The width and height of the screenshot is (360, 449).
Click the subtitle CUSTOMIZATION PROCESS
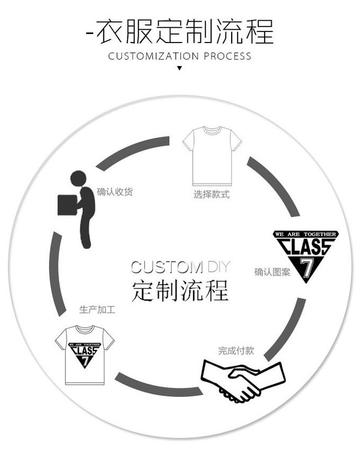pyautogui.click(x=179, y=56)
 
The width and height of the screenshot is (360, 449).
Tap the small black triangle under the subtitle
pyautogui.click(x=179, y=68)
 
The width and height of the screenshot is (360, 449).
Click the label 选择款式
pyautogui.click(x=211, y=195)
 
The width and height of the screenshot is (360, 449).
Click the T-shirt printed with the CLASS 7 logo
pyautogui.click(x=85, y=353)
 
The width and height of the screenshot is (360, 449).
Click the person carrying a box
pyautogui.click(x=78, y=207)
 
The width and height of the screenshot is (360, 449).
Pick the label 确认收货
pyautogui.click(x=114, y=192)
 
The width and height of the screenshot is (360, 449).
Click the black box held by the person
pyautogui.click(x=67, y=204)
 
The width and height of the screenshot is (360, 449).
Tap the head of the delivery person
pyautogui.click(x=78, y=178)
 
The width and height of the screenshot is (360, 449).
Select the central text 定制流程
pyautogui.click(x=179, y=290)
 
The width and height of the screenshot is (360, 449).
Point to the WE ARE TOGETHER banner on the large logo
pyautogui.click(x=305, y=234)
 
